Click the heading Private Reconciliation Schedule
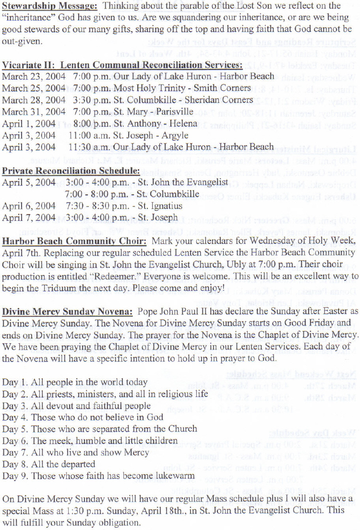pos(71,170)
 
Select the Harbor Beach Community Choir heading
pos(74,241)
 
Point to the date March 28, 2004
pos(34,100)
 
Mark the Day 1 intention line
pos(75,382)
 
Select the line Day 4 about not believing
pos(83,417)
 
